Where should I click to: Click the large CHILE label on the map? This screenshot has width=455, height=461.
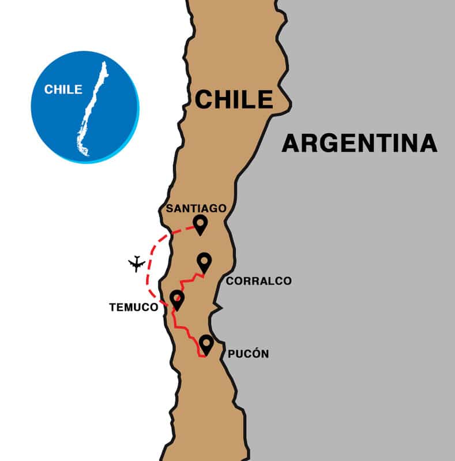tap(234, 99)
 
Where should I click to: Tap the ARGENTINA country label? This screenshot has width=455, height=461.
tap(359, 143)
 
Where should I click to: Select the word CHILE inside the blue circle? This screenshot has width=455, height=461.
tap(63, 89)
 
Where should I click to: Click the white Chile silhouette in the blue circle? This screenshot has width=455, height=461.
tap(92, 110)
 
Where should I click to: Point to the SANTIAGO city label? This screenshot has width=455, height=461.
tap(196, 208)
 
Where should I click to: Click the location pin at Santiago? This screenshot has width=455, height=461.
tap(200, 224)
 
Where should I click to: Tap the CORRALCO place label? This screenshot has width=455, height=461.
tap(258, 281)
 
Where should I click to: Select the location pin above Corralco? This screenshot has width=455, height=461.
tap(204, 263)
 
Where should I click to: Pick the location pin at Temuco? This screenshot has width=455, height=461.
tap(177, 299)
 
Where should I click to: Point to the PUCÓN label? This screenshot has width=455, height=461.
tap(249, 354)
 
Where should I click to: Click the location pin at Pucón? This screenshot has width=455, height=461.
tap(206, 344)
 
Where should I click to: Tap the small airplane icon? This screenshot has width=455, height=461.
tap(137, 264)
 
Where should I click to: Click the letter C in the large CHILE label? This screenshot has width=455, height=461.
tap(205, 99)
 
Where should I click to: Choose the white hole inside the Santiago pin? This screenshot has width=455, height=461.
tap(200, 221)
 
